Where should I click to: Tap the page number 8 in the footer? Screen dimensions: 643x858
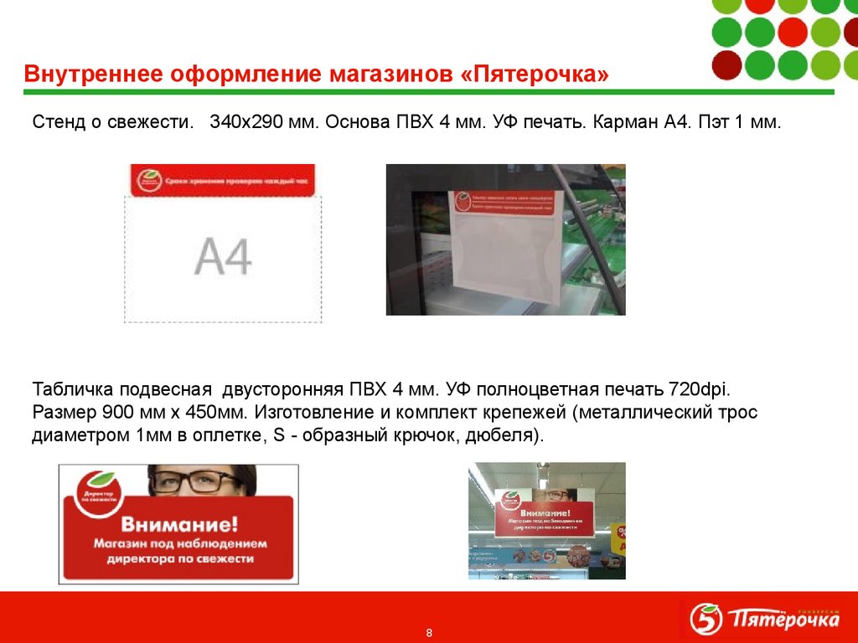(429, 631)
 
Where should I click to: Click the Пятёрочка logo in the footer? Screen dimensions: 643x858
(763, 620)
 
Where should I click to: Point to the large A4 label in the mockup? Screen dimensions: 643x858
(224, 256)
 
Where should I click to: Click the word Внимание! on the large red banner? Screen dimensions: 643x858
(179, 525)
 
